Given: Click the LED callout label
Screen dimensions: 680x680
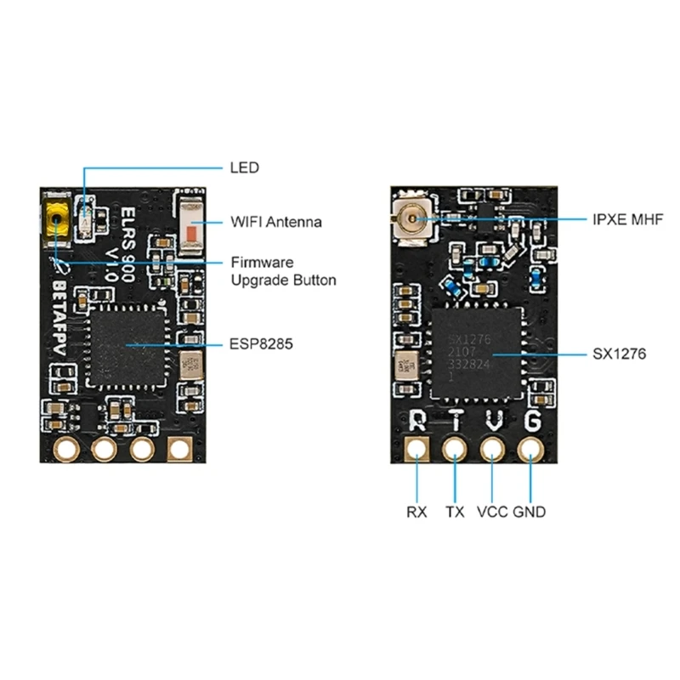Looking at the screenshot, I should (245, 167).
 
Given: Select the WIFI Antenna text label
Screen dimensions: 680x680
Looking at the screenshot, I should (276, 223).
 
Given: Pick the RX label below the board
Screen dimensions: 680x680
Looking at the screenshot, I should (417, 512).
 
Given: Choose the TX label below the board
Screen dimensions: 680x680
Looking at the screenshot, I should (456, 512).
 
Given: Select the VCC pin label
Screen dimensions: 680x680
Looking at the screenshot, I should (493, 512).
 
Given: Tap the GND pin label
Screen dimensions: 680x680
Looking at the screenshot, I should (530, 512).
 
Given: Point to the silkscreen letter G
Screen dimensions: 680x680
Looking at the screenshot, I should (532, 421).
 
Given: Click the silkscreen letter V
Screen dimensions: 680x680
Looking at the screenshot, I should (494, 421).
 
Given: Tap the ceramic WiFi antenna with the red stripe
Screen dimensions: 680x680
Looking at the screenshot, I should (195, 229).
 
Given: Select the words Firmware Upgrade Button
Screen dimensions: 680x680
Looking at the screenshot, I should (284, 271).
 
